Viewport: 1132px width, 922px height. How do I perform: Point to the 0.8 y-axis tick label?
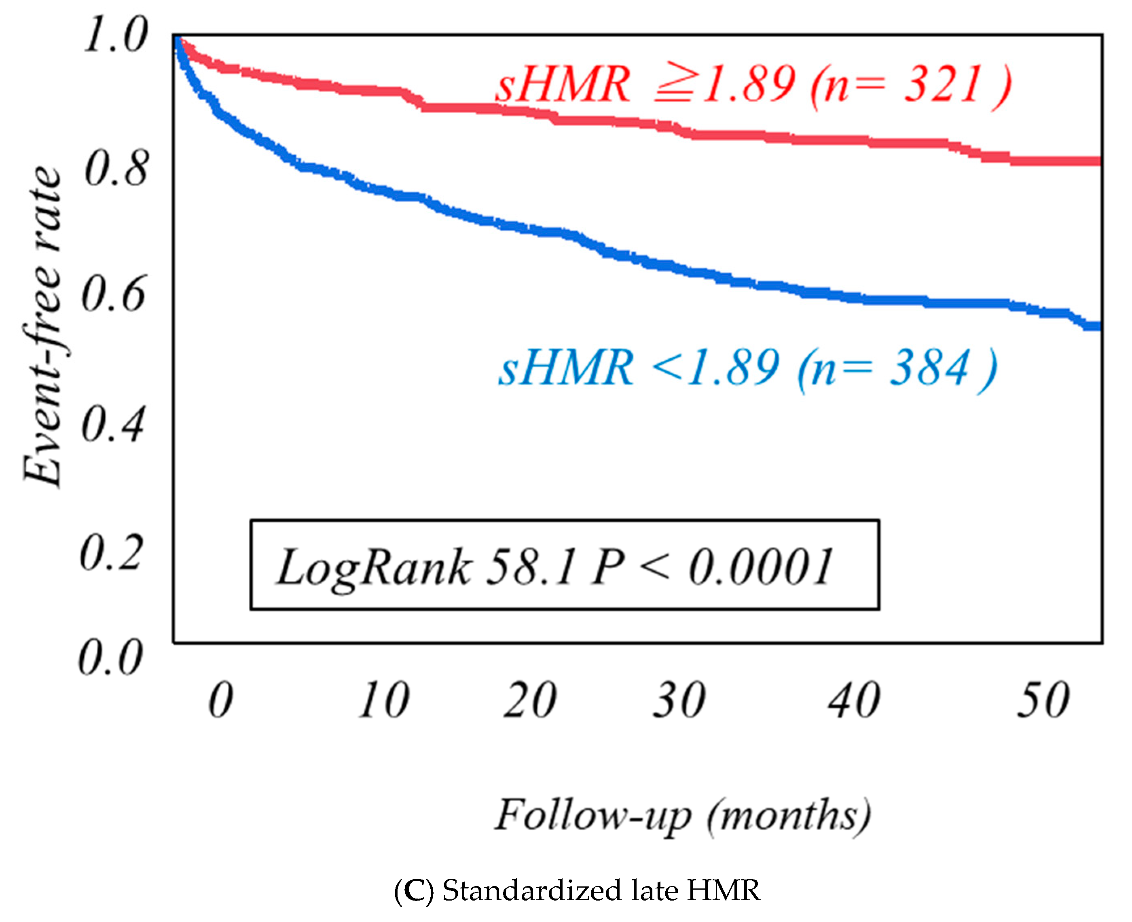coord(115,169)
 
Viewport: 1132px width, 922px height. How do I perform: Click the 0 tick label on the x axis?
coord(220,701)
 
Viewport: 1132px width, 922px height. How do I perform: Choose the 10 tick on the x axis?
coord(383,701)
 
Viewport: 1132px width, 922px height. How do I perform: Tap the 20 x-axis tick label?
coord(530,701)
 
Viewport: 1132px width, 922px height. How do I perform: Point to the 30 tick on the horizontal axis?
coord(679,701)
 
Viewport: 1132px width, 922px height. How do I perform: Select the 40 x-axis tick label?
coord(854,701)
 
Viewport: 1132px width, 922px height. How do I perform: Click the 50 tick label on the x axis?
coord(1043,701)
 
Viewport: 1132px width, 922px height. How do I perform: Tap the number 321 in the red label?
coord(942,85)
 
